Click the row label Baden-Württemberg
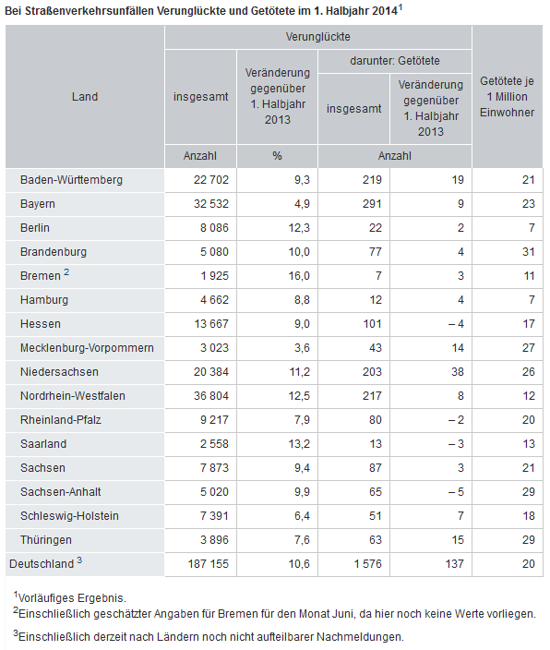click(71, 180)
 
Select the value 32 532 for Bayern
click(211, 204)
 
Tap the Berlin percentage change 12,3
click(299, 228)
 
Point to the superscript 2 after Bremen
click(66, 272)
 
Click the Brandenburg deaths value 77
click(375, 252)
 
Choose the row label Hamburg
click(44, 300)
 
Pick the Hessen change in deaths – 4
click(456, 324)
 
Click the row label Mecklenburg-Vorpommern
click(87, 348)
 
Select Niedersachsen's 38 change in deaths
click(457, 372)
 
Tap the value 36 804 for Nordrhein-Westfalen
click(211, 396)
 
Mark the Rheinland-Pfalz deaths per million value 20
click(528, 420)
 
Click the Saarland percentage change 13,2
click(299, 444)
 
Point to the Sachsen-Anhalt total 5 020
click(214, 492)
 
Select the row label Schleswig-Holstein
click(69, 516)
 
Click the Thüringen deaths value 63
click(375, 540)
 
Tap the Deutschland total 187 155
click(208, 564)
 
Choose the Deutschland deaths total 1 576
click(367, 564)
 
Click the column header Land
click(85, 97)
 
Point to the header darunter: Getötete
click(395, 61)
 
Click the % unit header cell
click(277, 156)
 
